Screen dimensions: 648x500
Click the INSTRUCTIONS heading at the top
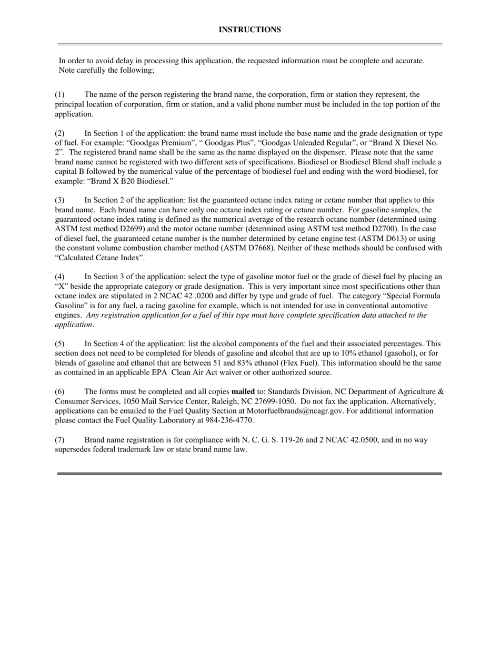click(249, 30)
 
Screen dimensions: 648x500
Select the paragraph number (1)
click(60, 95)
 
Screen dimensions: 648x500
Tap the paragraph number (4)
click(60, 277)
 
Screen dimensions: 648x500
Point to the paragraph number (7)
click(60, 440)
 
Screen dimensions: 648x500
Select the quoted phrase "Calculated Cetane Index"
click(100, 258)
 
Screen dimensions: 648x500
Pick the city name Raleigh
click(215, 401)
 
